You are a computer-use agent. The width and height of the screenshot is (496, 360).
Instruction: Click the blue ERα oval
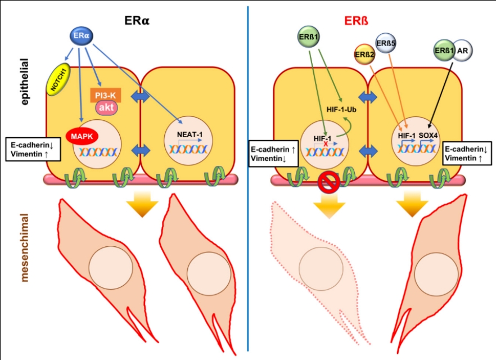click(81, 36)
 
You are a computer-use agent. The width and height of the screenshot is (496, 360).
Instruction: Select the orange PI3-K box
click(105, 96)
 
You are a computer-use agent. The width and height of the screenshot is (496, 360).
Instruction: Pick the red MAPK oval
click(82, 136)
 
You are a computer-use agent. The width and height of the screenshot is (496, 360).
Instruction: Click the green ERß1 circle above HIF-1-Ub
click(309, 38)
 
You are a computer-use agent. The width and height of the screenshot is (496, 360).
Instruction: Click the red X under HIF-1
click(325, 144)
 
